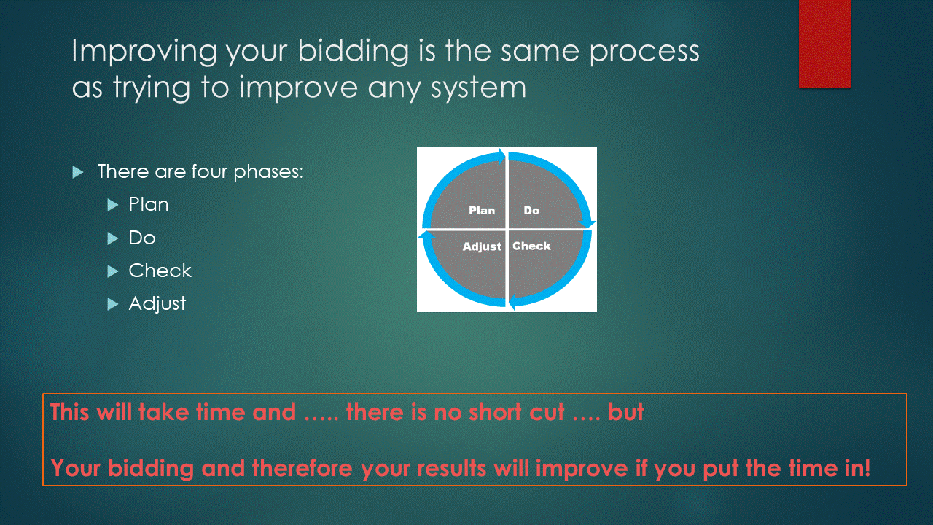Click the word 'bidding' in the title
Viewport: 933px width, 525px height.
point(354,52)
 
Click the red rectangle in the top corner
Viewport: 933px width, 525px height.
point(824,44)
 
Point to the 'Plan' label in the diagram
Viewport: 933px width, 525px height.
point(482,211)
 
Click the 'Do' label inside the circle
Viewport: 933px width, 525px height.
point(531,211)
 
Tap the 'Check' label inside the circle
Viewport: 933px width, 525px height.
point(531,246)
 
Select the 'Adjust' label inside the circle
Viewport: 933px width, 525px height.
point(482,246)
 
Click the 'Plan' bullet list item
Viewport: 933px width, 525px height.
point(149,204)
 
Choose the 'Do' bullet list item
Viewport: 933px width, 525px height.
point(142,238)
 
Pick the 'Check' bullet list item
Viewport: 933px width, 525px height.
point(160,271)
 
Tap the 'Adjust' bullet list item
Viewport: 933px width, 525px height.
point(157,304)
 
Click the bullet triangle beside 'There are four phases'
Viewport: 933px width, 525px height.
point(78,172)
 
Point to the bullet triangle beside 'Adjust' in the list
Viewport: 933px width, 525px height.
point(113,304)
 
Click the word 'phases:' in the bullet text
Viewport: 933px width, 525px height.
point(269,171)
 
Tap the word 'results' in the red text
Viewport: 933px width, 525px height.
point(451,468)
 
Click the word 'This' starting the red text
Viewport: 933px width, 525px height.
point(69,412)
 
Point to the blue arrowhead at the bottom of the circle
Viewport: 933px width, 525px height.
point(514,302)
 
